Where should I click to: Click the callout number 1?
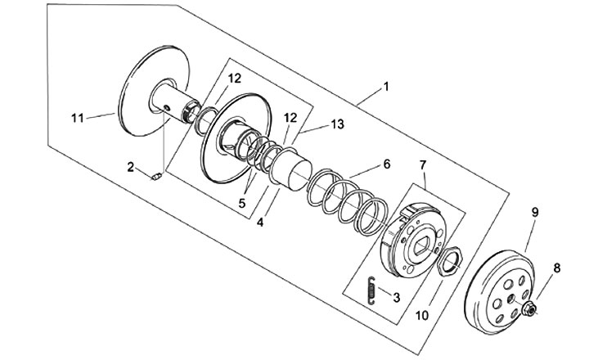click(x=386, y=85)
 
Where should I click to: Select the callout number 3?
click(x=396, y=298)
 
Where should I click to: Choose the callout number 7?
click(x=423, y=165)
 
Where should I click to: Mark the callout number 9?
click(x=534, y=212)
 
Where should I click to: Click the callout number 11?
click(x=78, y=118)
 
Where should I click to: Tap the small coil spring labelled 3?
click(x=371, y=290)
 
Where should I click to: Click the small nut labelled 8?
click(x=528, y=308)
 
